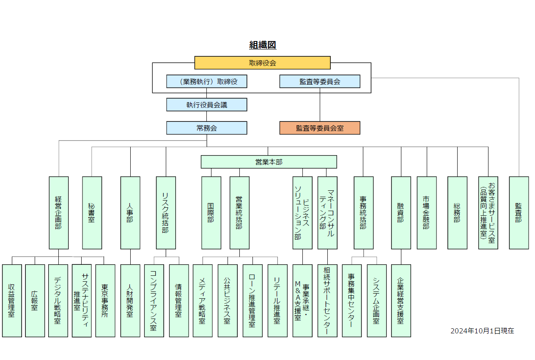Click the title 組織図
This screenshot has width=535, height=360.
263,45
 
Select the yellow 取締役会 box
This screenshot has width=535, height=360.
262,63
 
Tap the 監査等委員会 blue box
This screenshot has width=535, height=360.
320,82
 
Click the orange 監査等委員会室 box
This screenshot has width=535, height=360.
320,128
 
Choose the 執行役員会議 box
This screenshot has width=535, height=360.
206,105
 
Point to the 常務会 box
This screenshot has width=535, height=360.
206,128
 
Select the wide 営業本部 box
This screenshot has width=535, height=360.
269,162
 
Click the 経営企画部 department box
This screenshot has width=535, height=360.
58,212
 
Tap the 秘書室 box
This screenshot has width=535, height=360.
92,212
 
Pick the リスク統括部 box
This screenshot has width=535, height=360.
166,212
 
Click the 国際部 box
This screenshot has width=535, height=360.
211,212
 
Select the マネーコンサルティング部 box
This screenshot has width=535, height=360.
327,212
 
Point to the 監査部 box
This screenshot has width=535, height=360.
519,212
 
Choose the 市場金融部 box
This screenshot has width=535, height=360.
426,212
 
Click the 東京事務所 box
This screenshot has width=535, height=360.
105,300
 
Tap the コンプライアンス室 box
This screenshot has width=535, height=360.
154,300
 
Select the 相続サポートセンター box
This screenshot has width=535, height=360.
327,300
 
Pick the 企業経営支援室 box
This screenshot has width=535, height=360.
401,300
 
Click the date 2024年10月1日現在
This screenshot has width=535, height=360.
482,331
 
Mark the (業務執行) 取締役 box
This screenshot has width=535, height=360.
206,82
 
